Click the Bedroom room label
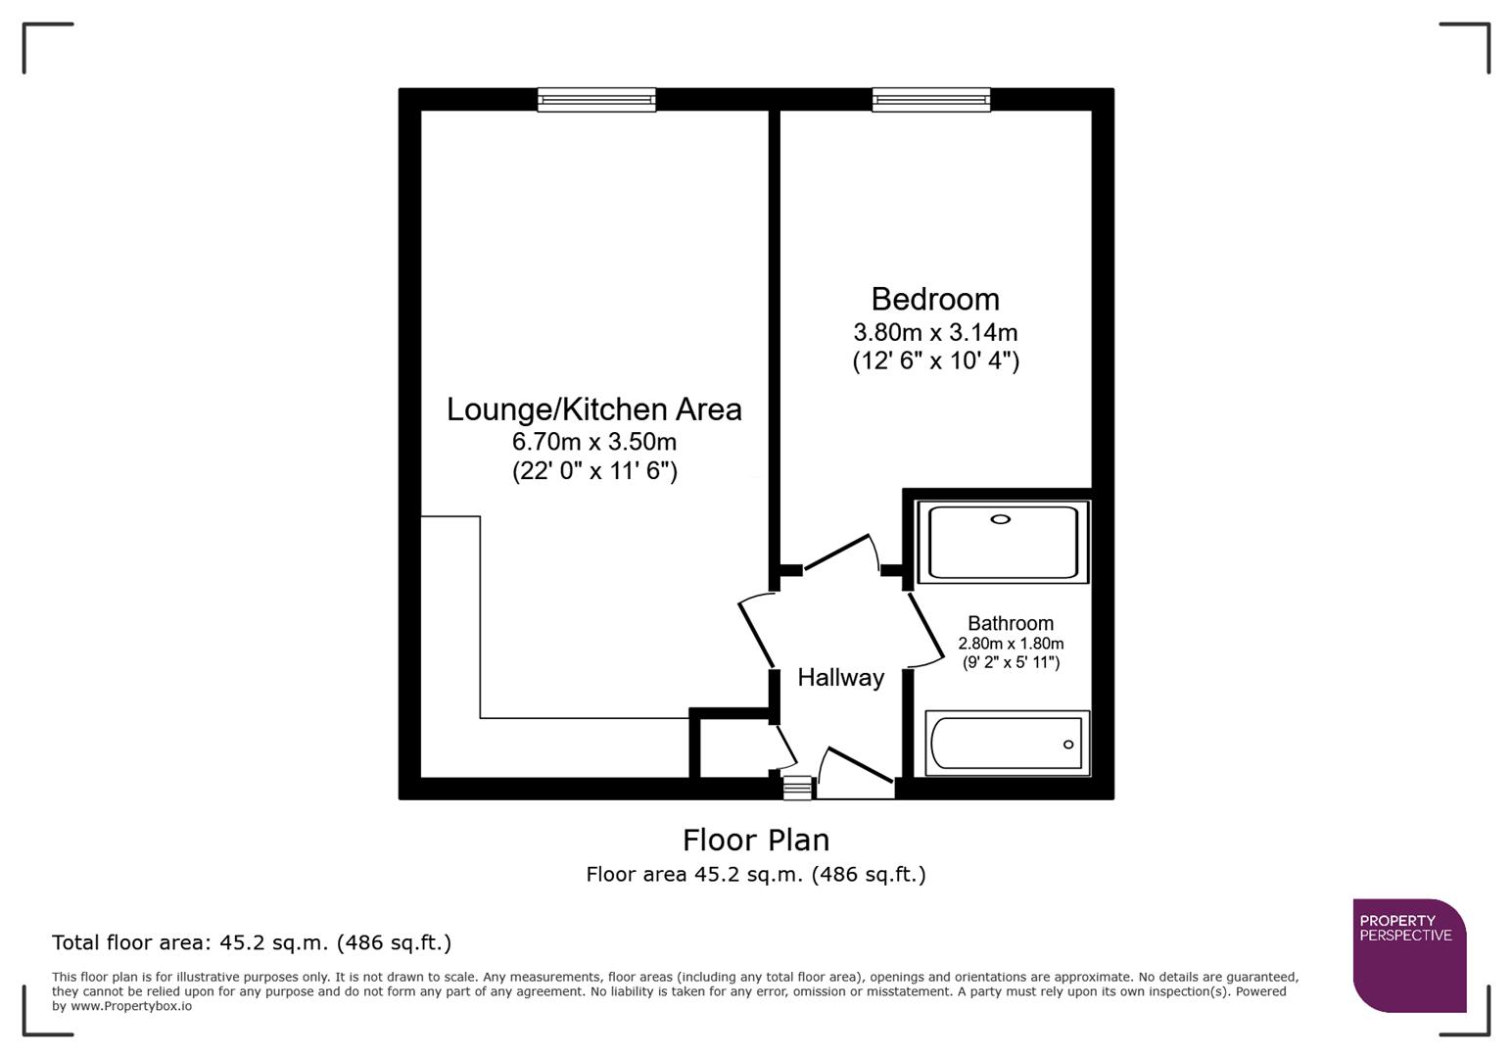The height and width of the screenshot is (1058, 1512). (935, 299)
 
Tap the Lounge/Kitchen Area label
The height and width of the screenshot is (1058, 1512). (593, 409)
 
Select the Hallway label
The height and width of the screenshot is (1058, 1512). (840, 678)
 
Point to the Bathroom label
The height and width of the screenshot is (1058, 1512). (1011, 623)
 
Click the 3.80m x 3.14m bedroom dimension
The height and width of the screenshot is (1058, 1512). (935, 332)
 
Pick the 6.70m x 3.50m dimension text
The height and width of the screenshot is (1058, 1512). (593, 442)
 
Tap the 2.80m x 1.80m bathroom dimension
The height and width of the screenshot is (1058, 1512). (1011, 644)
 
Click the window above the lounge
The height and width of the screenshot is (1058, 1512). (596, 99)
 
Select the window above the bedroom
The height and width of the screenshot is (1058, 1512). (931, 99)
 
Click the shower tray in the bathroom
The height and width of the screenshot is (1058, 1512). (1003, 543)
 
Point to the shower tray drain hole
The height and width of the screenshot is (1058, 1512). (1000, 519)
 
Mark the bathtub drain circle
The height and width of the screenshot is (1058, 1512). (1068, 745)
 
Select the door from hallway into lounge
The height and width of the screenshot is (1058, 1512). (755, 632)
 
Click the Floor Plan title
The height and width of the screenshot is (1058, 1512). (755, 841)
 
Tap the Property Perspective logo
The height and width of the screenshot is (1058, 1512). (1408, 955)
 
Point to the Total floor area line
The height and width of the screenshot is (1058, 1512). (252, 943)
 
